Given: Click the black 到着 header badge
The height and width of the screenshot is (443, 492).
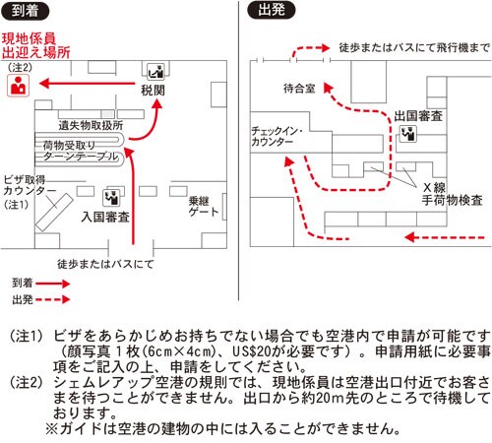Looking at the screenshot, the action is (x=25, y=11).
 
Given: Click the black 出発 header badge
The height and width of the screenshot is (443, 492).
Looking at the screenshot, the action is (x=272, y=10).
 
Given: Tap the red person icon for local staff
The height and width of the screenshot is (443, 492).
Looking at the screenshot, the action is (x=19, y=86).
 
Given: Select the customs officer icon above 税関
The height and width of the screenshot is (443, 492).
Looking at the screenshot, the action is (x=155, y=72).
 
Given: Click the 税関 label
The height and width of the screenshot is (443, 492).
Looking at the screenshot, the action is (x=153, y=91).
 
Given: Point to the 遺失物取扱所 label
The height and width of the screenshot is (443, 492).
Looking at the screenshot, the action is (x=91, y=125).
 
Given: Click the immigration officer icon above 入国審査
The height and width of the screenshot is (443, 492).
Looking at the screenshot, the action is (x=111, y=198).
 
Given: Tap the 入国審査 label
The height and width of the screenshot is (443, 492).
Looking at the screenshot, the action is (x=105, y=217).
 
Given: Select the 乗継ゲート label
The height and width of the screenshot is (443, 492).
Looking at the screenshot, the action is (x=204, y=207).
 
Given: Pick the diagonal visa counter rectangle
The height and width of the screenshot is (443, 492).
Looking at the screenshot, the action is (x=54, y=213).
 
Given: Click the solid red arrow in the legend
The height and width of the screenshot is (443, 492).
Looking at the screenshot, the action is (x=53, y=284).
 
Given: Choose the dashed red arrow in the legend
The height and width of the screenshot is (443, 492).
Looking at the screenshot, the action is (x=53, y=299).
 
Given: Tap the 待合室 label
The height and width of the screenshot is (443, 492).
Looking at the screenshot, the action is (x=299, y=89).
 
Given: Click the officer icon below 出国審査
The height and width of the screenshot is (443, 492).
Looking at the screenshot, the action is (x=407, y=134).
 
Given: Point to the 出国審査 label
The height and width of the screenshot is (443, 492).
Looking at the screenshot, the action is (x=418, y=116).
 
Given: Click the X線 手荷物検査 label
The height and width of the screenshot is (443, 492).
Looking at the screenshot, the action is (x=452, y=194).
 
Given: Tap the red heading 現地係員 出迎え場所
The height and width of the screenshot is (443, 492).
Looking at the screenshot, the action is (x=36, y=45).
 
